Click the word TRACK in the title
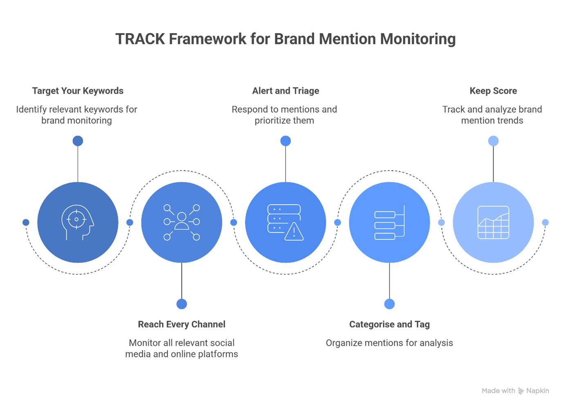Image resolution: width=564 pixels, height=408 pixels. coord(140,39)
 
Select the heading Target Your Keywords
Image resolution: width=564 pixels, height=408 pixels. coord(78,91)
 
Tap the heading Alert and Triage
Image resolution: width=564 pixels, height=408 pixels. coord(285,91)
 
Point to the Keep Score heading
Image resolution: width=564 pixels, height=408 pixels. coord(493,91)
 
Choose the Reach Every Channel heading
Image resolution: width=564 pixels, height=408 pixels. coord(182,324)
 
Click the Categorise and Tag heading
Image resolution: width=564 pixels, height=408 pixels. coord(389,324)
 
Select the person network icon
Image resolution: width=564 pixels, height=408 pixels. coord(182,222)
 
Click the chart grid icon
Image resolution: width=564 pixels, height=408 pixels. coord(493,222)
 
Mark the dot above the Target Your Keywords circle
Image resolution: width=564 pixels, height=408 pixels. coord(78,141)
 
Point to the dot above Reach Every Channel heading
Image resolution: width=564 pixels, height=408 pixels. coord(182,304)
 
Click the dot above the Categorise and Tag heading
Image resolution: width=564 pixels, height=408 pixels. coord(389,304)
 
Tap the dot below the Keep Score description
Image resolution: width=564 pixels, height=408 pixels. coord(493,141)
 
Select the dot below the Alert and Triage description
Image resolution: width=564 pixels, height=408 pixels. coord(285,141)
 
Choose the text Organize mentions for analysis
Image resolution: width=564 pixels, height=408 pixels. coord(389,343)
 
